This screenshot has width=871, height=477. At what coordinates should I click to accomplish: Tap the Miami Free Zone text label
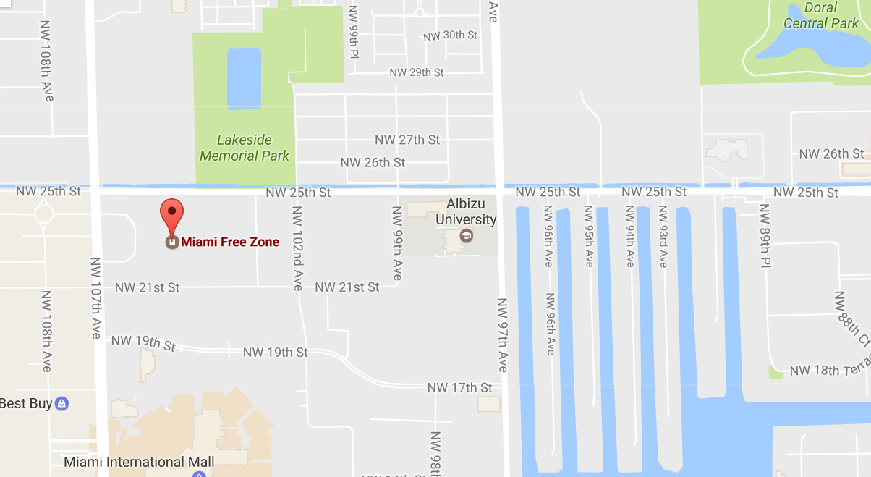[x=230, y=242]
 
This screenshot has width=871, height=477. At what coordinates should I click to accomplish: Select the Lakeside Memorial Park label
[x=245, y=148]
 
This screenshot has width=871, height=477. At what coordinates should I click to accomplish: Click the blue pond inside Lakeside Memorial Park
[x=244, y=79]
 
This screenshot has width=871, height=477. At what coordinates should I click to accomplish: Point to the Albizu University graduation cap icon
[x=467, y=236]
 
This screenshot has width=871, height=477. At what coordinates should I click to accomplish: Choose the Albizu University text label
[x=471, y=211]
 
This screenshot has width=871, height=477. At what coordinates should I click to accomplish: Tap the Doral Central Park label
[x=820, y=15]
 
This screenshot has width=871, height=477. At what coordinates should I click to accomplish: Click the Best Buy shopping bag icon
[x=62, y=403]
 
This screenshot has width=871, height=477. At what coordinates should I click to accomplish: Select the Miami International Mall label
[x=139, y=462]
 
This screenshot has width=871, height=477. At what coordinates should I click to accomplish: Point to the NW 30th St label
[x=450, y=35]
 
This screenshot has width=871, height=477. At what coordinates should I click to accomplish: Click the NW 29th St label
[x=416, y=72]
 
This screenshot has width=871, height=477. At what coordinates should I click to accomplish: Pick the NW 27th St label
[x=407, y=139]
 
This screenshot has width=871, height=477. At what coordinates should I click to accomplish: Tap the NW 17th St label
[x=459, y=387]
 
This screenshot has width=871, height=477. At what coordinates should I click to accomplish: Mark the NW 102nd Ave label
[x=297, y=248]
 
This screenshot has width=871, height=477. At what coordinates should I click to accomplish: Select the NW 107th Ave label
[x=96, y=297]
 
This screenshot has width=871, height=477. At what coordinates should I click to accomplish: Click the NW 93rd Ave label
[x=663, y=237]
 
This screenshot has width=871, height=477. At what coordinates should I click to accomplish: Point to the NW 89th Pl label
[x=765, y=236]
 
